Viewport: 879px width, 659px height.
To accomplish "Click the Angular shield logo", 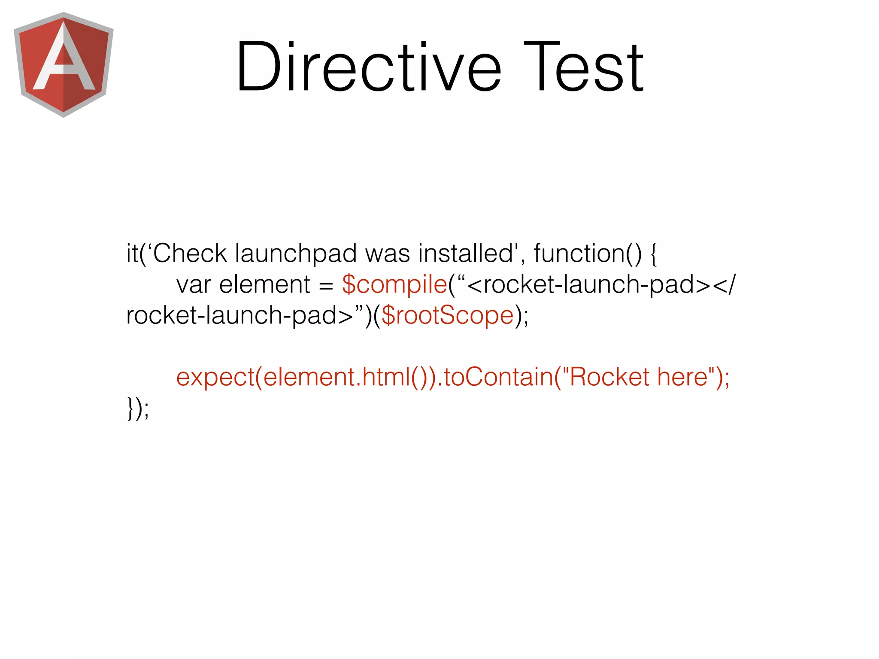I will point(64,64).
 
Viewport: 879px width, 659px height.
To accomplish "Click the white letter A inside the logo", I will point(64,60).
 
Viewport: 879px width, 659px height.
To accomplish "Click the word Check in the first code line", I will point(190,253).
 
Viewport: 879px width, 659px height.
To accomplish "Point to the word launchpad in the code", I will point(296,254).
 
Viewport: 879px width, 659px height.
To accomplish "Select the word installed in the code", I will point(466,253).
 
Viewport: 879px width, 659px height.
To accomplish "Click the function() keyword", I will point(588,254).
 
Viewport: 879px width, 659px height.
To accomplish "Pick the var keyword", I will point(194,285).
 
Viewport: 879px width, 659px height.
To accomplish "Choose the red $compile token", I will point(394,285).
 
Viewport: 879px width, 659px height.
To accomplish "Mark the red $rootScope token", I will point(447,316).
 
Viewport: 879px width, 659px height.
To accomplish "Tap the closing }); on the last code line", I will point(138,408).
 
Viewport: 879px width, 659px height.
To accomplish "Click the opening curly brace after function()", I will point(653,254).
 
